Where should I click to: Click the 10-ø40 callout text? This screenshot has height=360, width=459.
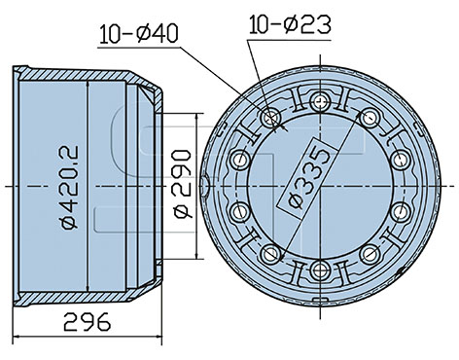click(139, 34)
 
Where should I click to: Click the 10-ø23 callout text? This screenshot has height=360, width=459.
click(290, 24)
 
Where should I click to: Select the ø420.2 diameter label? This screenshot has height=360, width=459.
click(69, 188)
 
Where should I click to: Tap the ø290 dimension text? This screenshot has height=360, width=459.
click(183, 184)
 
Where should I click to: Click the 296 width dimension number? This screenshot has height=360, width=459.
click(88, 322)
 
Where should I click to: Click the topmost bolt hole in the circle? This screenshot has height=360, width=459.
click(320, 102)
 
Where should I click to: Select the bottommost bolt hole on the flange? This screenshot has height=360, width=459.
click(320, 270)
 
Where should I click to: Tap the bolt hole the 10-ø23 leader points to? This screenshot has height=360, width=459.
click(271, 118)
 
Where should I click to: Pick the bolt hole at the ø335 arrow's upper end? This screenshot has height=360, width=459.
click(370, 118)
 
